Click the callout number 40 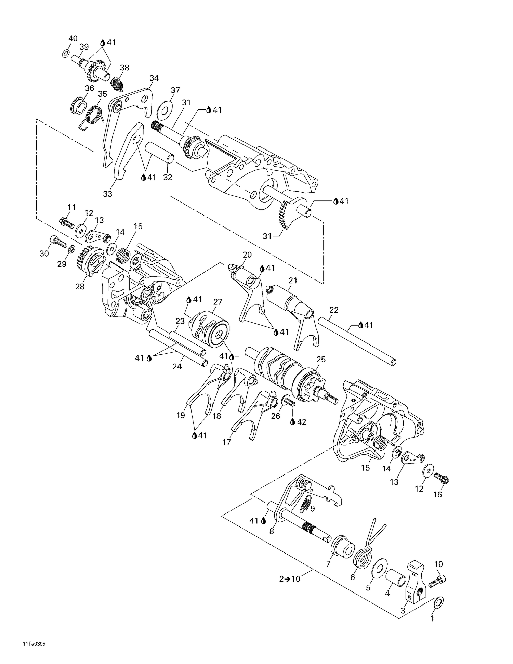coord(73,38)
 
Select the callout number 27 coord(218,302)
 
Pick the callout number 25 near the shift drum coord(321,359)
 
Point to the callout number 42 coord(301,422)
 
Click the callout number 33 coord(107,194)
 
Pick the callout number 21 coord(293,281)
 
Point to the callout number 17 coord(226,442)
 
